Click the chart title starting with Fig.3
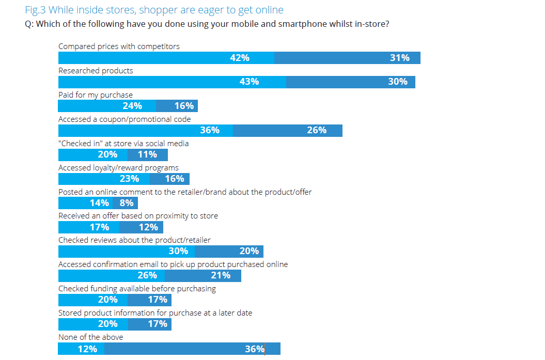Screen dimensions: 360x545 154,10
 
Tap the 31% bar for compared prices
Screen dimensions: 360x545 347,58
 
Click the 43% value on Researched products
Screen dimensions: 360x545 249,82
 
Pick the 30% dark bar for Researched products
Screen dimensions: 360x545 350,82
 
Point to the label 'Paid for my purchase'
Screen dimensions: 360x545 96,95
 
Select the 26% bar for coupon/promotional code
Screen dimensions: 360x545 288,130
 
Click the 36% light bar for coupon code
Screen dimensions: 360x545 146,130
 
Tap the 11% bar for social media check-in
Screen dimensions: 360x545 148,154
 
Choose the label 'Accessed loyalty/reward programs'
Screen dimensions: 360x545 118,168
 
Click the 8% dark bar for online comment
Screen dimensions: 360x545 125,203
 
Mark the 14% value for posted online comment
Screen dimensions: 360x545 99,203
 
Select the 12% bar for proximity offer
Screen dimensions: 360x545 142,227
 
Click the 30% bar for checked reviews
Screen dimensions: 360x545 127,252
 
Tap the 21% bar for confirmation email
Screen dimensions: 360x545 203,276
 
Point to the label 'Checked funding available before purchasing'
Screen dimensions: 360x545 137,289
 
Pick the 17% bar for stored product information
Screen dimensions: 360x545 149,324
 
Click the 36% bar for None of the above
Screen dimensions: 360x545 192,349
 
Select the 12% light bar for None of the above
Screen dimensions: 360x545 81,349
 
